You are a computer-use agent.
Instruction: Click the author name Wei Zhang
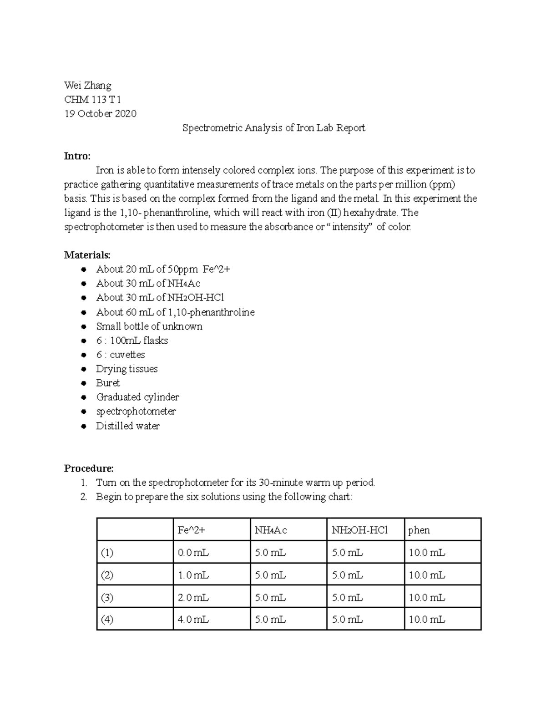[87, 85]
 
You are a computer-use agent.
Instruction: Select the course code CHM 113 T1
[92, 99]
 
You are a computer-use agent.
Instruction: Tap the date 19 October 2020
[100, 113]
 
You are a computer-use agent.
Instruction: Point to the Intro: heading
[77, 156]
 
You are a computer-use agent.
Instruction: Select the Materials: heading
[87, 254]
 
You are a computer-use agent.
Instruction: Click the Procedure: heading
[89, 468]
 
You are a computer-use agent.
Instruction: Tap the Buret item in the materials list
[108, 383]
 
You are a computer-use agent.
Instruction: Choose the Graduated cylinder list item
[137, 397]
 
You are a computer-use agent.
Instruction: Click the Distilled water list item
[128, 426]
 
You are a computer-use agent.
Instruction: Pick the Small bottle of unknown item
[149, 326]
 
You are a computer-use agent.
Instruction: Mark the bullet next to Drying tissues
[83, 369]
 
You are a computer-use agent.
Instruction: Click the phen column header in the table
[419, 530]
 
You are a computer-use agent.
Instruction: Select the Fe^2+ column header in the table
[191, 530]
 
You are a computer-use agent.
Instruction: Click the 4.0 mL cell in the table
[193, 620]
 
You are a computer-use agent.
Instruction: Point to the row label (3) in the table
[107, 597]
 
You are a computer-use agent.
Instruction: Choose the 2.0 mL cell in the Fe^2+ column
[193, 597]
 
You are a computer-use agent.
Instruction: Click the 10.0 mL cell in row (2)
[427, 575]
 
